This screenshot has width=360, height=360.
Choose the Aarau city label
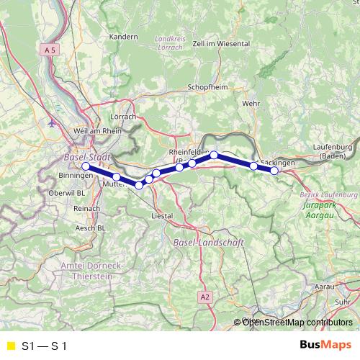tap(325, 287)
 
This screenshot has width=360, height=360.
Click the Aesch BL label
tap(91, 227)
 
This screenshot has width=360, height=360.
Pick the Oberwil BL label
tap(70, 193)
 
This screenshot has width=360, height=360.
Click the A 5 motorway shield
tap(48, 50)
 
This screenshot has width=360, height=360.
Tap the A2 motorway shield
tap(205, 296)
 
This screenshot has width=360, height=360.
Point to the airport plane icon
tap(51, 122)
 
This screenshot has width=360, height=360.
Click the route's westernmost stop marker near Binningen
tap(86, 166)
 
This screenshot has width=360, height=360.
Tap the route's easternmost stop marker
tap(274, 171)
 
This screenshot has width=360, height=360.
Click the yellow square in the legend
tap(9, 346)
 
